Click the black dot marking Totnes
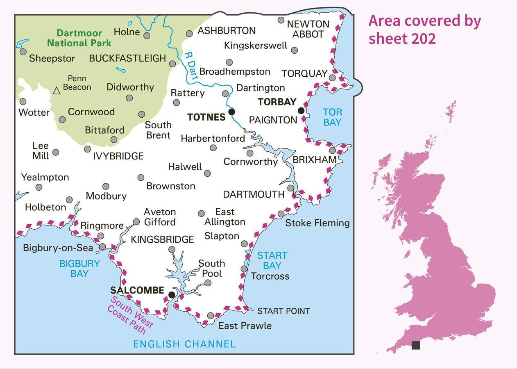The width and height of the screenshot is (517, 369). (x=231, y=112)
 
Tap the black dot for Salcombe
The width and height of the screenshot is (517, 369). (x=172, y=294)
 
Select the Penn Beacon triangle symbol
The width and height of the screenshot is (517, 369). (x=57, y=91)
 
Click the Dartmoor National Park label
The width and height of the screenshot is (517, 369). (x=79, y=38)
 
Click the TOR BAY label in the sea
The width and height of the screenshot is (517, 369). (x=332, y=117)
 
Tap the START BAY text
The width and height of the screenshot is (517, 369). (x=272, y=260)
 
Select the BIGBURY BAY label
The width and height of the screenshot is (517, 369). (x=79, y=269)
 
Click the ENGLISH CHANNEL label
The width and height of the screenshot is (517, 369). (x=184, y=344)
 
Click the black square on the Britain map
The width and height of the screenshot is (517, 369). (x=415, y=345)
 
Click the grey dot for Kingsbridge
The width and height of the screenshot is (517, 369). (x=172, y=249)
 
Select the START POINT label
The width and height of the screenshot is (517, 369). (x=283, y=311)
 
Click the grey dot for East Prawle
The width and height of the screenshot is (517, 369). (x=211, y=315)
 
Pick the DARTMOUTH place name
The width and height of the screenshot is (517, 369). (x=254, y=194)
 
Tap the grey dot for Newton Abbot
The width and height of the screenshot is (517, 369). (x=281, y=20)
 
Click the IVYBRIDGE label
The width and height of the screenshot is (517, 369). (x=118, y=156)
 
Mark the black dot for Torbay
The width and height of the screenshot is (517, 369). (x=301, y=110)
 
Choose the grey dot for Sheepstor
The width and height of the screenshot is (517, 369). (x=23, y=52)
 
